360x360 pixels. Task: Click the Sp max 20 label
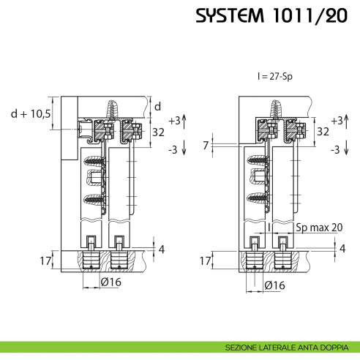(319, 228)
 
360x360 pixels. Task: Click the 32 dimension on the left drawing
(157, 132)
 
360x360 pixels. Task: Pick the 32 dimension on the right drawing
(323, 132)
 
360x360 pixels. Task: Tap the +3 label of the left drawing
(173, 119)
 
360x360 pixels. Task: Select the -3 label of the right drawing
(336, 149)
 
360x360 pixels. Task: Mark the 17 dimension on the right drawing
(206, 259)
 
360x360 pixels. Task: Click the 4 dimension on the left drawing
(162, 249)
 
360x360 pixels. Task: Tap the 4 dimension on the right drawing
(342, 249)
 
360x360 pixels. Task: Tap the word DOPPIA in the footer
(339, 348)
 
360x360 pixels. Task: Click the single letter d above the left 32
(157, 106)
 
